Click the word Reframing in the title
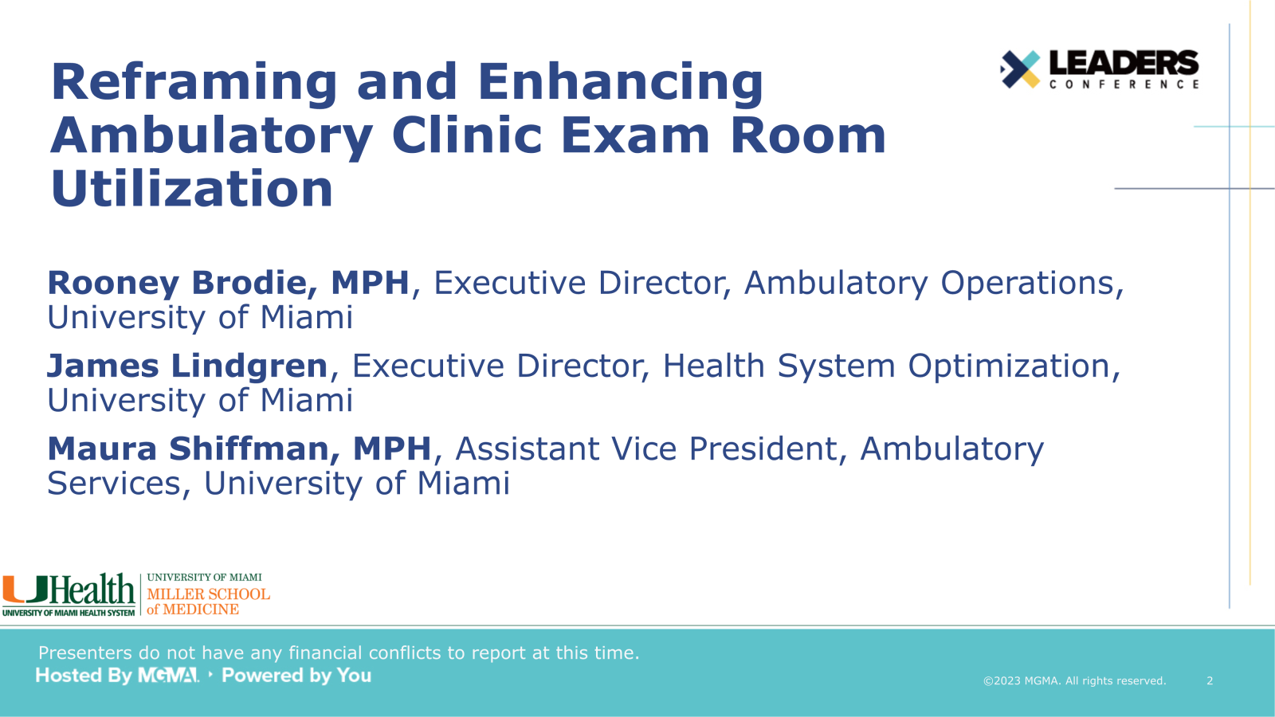coord(194,83)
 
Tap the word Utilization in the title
coord(192,188)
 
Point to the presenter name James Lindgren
coord(187,366)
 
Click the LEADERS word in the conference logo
coord(1124,63)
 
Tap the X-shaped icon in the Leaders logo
coord(1020,69)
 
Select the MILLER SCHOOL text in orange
coord(208,594)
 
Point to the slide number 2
coord(1210,680)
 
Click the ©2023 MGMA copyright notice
coord(1075,680)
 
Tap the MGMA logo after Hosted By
coord(168,676)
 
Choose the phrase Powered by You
coord(296,676)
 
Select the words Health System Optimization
coord(887,366)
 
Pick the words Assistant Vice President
coord(646,449)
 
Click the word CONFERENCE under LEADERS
coord(1124,84)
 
